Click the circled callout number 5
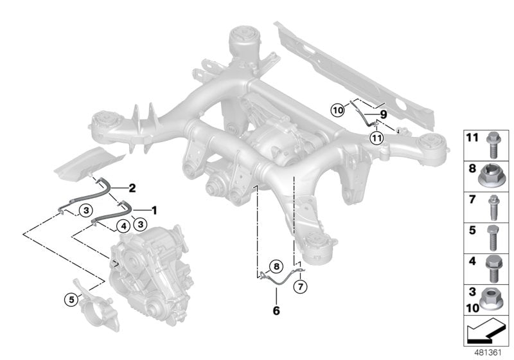tap(69, 298)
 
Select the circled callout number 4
tap(121, 226)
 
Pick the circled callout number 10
tap(338, 110)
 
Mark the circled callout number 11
tap(377, 136)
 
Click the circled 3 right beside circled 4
tap(139, 222)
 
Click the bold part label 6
tap(276, 310)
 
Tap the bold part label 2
tap(132, 188)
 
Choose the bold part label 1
tap(153, 209)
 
